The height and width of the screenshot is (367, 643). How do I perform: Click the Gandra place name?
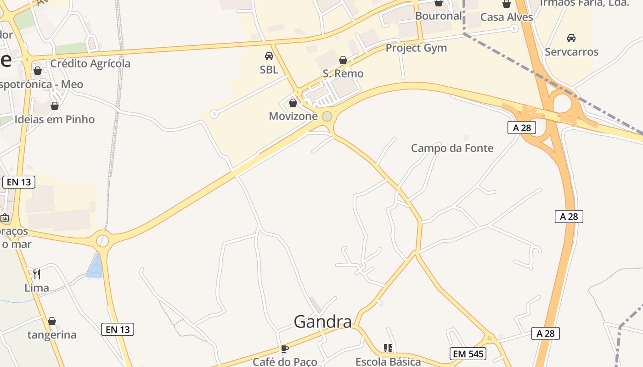tap(322, 322)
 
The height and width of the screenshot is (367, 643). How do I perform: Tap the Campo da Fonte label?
tap(452, 148)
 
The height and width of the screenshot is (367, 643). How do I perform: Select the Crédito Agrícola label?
tap(90, 63)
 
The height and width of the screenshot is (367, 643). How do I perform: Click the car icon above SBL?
tap(269, 56)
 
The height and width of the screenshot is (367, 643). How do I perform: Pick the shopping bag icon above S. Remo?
tap(343, 60)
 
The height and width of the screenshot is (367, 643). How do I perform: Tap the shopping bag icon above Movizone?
tap(293, 103)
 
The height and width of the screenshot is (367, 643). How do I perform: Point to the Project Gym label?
tap(416, 48)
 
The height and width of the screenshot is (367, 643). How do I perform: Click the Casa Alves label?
tap(506, 17)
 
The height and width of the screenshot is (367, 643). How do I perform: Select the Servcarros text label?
tap(571, 52)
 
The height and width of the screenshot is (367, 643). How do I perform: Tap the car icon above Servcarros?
tap(571, 38)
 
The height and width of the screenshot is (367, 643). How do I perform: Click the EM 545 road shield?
tap(468, 354)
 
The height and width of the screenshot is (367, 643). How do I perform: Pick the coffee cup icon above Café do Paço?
tap(284, 349)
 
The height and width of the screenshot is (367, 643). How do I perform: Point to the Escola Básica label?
tap(388, 361)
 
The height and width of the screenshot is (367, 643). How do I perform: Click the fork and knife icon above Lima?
tap(37, 274)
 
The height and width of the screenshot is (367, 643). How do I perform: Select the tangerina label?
tap(52, 334)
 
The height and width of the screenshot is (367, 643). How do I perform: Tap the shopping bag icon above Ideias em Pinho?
tap(55, 106)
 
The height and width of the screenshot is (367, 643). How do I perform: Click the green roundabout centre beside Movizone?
tap(327, 117)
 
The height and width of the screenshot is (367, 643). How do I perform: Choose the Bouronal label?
tap(438, 16)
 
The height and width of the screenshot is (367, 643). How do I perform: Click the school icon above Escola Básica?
tap(388, 348)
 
